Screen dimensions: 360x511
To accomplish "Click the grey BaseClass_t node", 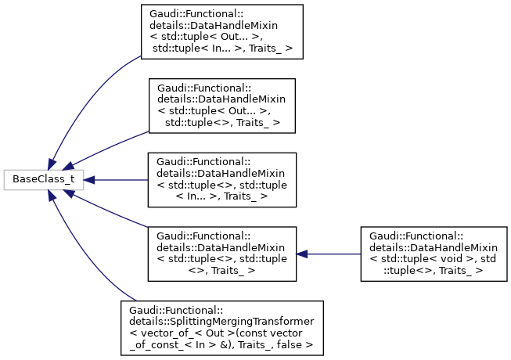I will pyautogui.click(x=38, y=179).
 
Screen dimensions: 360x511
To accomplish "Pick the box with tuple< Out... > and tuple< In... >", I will pyautogui.click(x=221, y=32).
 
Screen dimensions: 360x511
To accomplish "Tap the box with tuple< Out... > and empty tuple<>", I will pyautogui.click(x=221, y=106).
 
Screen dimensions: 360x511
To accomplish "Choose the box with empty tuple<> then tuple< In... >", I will pyautogui.click(x=221, y=179).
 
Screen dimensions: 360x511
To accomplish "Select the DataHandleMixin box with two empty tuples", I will pyautogui.click(x=221, y=254).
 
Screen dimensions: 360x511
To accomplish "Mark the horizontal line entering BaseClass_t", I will pyautogui.click(x=117, y=179).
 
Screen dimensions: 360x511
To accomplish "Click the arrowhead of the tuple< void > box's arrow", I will pyautogui.click(x=303, y=254).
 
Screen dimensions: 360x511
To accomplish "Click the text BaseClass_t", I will pyautogui.click(x=38, y=179).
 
